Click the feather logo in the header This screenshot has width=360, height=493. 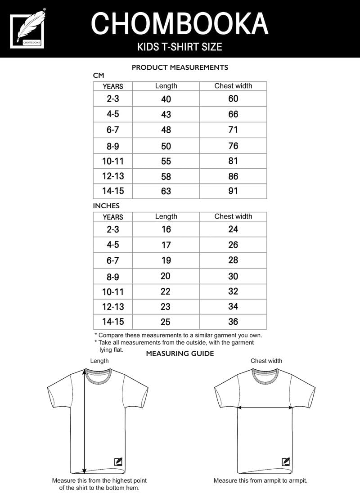[x=28, y=28]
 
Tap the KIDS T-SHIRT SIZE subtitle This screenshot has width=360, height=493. [x=180, y=47]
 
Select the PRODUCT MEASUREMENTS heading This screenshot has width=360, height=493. [x=180, y=67]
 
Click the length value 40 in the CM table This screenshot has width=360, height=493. [x=166, y=99]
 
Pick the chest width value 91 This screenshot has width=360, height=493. [x=233, y=191]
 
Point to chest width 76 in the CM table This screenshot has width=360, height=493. [x=233, y=146]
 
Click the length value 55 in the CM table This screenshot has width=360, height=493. [x=166, y=161]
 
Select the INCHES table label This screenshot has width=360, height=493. [x=106, y=206]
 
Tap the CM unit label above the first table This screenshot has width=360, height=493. [x=99, y=76]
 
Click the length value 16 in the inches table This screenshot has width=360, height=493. [x=166, y=229]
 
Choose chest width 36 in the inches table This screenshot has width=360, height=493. [x=233, y=322]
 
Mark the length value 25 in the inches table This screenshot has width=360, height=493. [x=166, y=322]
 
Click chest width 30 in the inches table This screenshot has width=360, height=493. [x=233, y=276]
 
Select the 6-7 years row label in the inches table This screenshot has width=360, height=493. [x=112, y=261]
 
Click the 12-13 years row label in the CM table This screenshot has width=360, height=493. [x=112, y=176]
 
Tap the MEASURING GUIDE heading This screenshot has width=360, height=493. [x=180, y=354]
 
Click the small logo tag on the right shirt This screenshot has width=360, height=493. [x=285, y=462]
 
